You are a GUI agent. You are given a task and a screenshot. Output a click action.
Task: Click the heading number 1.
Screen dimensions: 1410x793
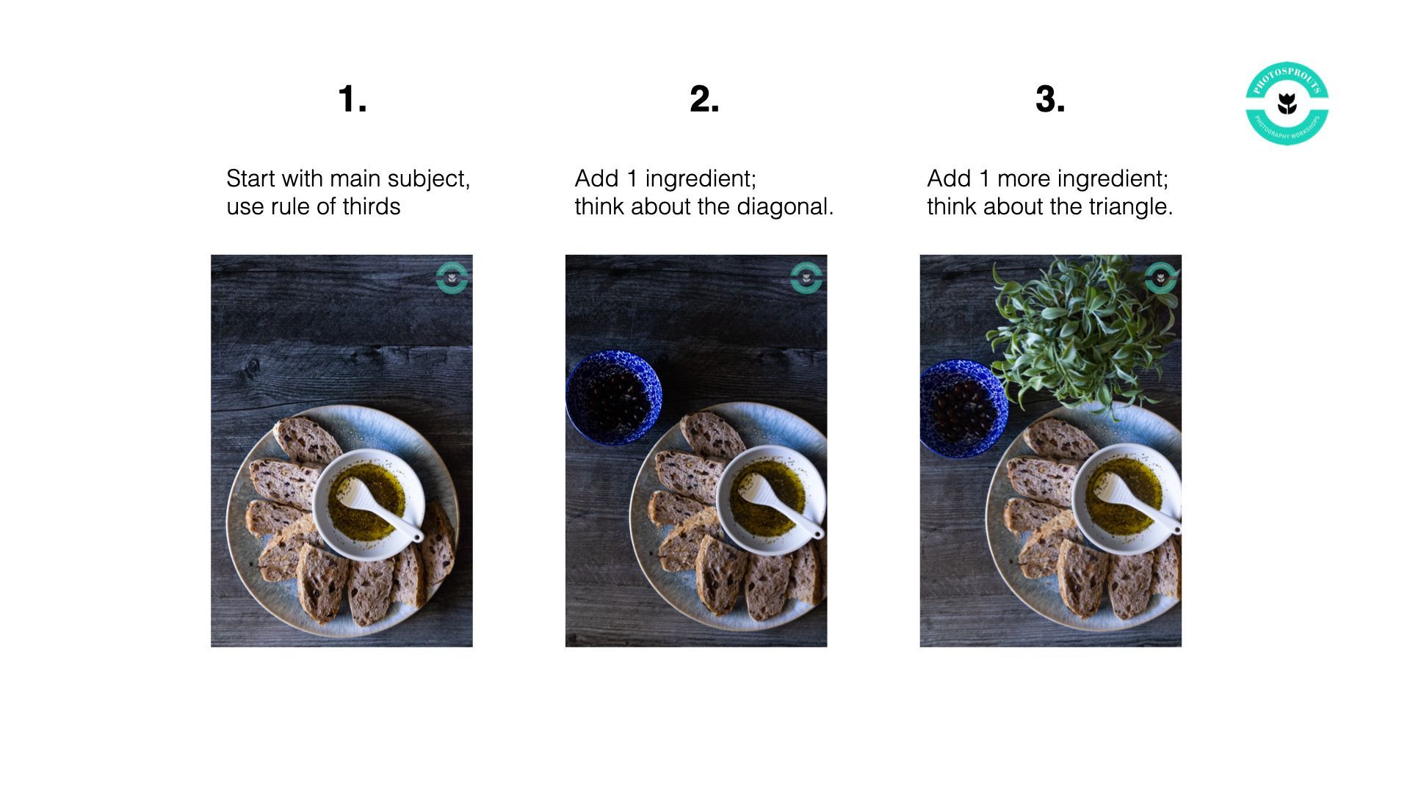pyautogui.click(x=352, y=99)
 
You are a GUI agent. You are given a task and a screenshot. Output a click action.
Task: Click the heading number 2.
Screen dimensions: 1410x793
pyautogui.click(x=704, y=99)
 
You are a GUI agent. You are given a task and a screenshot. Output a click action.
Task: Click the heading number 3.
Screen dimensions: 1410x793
pyautogui.click(x=1050, y=99)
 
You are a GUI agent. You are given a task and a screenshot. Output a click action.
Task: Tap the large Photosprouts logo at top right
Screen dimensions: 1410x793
pyautogui.click(x=1287, y=103)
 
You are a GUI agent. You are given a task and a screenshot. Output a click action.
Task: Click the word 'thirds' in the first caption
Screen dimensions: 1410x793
pyautogui.click(x=371, y=206)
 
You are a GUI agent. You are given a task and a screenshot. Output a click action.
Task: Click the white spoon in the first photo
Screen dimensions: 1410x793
pyautogui.click(x=378, y=507)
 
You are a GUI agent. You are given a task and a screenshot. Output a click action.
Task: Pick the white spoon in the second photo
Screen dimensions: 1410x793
pyautogui.click(x=780, y=504)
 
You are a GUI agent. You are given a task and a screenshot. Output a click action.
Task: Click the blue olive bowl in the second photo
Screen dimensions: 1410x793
pyautogui.click(x=614, y=398)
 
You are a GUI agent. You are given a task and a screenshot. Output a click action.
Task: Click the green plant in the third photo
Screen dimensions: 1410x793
pyautogui.click(x=1081, y=333)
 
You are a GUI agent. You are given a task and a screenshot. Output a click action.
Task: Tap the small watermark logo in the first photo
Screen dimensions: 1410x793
pyautogui.click(x=452, y=278)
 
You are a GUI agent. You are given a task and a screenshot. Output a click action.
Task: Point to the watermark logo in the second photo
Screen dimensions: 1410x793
pyautogui.click(x=806, y=278)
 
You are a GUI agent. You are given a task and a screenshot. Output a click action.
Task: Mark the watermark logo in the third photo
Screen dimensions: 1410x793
pyautogui.click(x=1161, y=278)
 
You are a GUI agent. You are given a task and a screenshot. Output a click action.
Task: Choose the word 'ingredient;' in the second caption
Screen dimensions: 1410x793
pyautogui.click(x=701, y=179)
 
